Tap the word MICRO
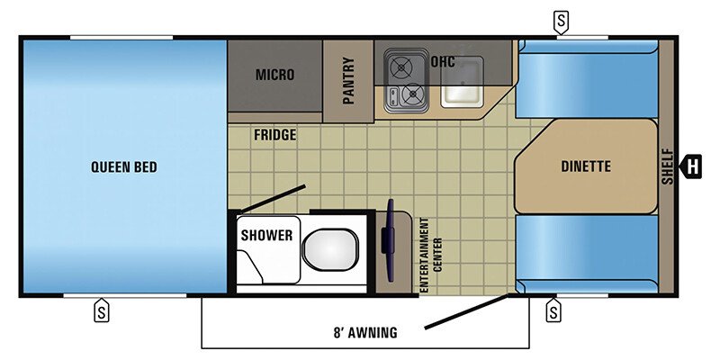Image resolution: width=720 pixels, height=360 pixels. (x=274, y=75)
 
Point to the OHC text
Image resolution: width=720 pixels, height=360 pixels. (x=443, y=62)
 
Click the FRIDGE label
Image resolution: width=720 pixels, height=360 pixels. (x=274, y=135)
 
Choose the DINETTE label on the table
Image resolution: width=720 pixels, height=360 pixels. (x=586, y=166)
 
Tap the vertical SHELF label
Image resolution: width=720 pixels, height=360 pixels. (x=667, y=166)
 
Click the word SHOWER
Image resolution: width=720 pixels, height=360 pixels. (x=266, y=235)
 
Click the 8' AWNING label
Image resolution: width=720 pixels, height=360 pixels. (x=364, y=332)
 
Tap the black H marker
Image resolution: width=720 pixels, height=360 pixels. (x=692, y=166)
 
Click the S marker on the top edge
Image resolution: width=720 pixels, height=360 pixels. (x=562, y=20)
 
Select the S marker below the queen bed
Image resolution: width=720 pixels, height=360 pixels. (x=101, y=312)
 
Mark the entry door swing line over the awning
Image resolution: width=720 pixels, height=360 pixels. (x=468, y=310)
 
